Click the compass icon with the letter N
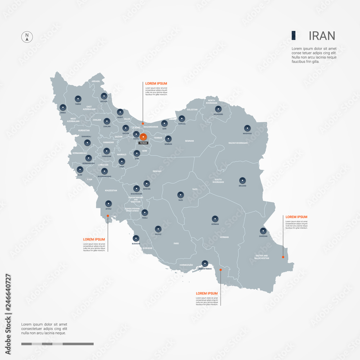point(27,37)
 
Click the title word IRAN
point(322,36)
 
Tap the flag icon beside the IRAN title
point(294,35)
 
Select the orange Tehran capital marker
point(143,137)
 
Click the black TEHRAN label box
point(143,143)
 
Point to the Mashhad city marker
point(247,128)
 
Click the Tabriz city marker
point(78,98)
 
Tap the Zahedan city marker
point(263,231)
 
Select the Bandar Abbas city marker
point(205,263)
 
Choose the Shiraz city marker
point(158,229)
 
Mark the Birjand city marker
point(242,180)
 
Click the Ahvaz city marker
point(108,203)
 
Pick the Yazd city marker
point(180,194)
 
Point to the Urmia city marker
point(63,107)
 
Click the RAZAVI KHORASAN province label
point(238,143)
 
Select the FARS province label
point(176,243)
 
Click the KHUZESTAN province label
point(111,190)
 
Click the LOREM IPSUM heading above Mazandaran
point(156,84)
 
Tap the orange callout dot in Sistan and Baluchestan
point(283,257)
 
